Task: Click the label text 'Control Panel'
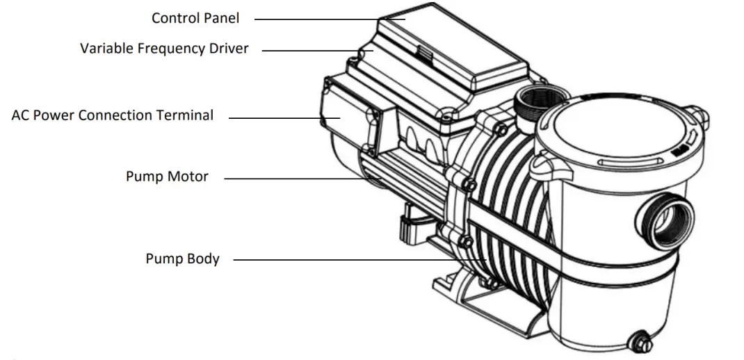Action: (x=195, y=18)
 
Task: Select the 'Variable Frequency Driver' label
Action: (x=164, y=49)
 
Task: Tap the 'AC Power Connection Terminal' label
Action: (x=113, y=115)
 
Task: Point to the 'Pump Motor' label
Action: (x=167, y=177)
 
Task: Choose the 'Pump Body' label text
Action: (x=182, y=259)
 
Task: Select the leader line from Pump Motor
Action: (x=299, y=179)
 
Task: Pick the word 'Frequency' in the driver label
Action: (x=171, y=49)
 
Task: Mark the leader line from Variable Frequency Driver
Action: (x=309, y=50)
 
